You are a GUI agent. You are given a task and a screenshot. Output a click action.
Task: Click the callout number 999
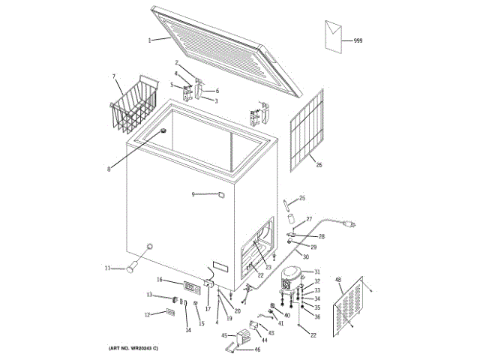click(x=358, y=40)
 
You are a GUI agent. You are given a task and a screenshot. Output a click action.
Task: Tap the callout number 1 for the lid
click(x=150, y=39)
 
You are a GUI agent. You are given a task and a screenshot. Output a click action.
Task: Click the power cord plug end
click(x=349, y=223)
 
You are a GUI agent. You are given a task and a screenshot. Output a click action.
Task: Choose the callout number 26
click(x=319, y=165)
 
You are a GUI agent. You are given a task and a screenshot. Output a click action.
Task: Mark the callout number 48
click(x=338, y=280)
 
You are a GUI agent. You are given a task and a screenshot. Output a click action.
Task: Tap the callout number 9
click(x=193, y=194)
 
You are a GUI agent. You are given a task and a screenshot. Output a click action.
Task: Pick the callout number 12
click(x=147, y=314)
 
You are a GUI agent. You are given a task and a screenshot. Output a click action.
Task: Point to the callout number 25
click(x=302, y=198)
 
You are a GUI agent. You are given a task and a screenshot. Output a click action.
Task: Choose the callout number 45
click(x=223, y=336)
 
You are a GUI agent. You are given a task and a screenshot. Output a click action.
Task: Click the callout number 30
click(x=305, y=257)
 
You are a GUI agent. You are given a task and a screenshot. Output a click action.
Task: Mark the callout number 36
click(x=316, y=316)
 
